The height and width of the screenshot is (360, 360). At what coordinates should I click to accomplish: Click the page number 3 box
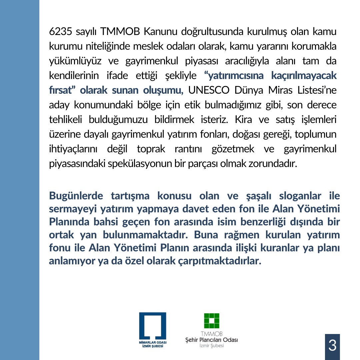click(332, 346)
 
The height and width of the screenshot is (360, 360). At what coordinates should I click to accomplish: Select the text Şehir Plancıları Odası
click(212, 340)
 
